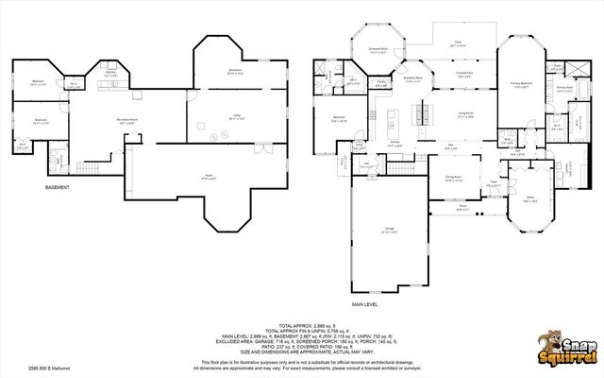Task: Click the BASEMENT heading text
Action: coord(58,187)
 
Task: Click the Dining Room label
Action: coord(452,178)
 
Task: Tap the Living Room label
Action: coord(465,114)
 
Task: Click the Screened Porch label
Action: coord(379,52)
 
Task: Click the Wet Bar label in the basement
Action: coord(110,72)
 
